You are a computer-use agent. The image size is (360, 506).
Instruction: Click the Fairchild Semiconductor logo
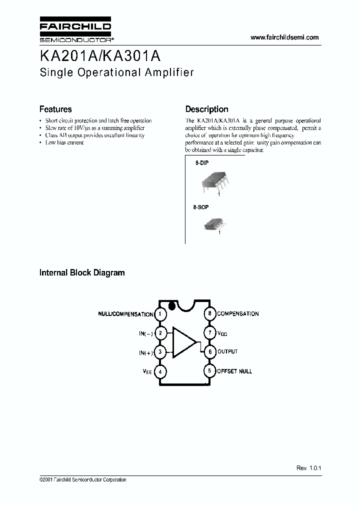[75, 30]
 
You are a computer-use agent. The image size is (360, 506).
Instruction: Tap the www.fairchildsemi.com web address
[284, 37]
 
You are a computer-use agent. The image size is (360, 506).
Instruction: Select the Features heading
[55, 109]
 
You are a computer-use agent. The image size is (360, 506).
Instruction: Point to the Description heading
[206, 109]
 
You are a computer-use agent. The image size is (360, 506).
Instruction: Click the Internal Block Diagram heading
[82, 273]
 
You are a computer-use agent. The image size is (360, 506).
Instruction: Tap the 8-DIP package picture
[213, 181]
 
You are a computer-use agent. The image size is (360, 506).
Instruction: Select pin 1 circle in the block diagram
[160, 314]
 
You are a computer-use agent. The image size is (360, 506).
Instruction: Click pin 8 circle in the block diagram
[210, 314]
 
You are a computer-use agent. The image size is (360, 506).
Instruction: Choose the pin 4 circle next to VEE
[160, 371]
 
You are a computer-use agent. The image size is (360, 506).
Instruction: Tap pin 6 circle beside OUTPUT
[210, 352]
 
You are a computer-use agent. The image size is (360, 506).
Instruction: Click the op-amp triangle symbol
[183, 342]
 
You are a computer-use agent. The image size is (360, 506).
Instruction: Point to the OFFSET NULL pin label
[234, 371]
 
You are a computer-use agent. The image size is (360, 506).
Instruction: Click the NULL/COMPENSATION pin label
[125, 314]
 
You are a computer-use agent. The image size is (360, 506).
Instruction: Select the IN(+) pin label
[146, 353]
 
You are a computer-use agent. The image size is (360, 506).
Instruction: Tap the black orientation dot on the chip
[172, 305]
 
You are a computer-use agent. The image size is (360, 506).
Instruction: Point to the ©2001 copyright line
[82, 480]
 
